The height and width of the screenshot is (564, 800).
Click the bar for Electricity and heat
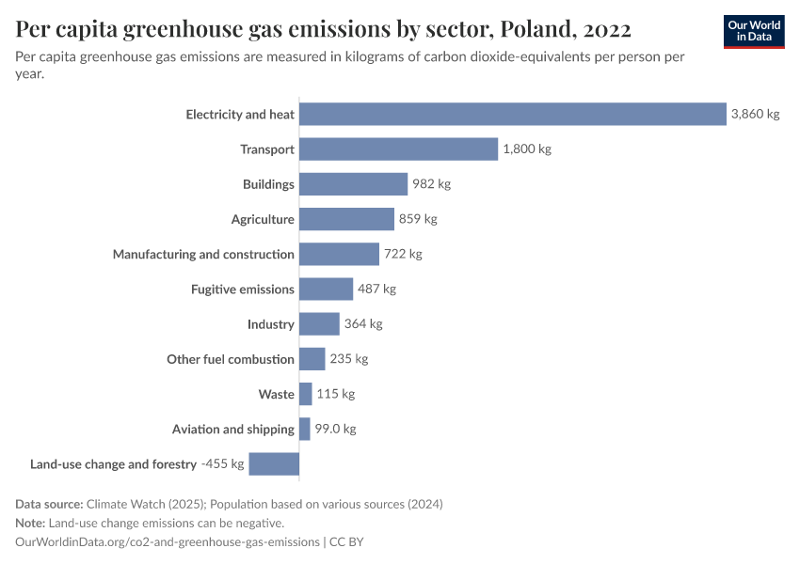pyautogui.click(x=513, y=114)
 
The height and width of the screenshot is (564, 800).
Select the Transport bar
pyautogui.click(x=398, y=149)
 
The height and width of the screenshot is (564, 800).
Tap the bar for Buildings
pyautogui.click(x=353, y=184)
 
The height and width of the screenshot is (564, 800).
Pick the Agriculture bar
pyautogui.click(x=346, y=219)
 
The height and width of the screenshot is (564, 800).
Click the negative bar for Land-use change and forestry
pyautogui.click(x=274, y=463)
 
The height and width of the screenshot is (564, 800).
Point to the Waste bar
pyautogui.click(x=306, y=394)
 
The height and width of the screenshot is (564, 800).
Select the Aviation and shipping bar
pyautogui.click(x=305, y=429)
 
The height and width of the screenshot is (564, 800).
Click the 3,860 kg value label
pyautogui.click(x=755, y=115)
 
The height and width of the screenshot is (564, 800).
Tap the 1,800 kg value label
pyautogui.click(x=526, y=149)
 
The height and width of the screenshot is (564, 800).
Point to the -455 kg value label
pyautogui.click(x=222, y=463)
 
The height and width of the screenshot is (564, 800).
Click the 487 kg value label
pyautogui.click(x=376, y=290)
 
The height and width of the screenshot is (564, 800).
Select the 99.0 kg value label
pyautogui.click(x=335, y=429)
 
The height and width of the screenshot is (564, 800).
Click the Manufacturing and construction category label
pyautogui.click(x=203, y=254)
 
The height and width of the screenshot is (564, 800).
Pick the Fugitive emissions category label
pyautogui.click(x=243, y=290)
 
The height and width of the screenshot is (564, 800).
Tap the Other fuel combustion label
pyautogui.click(x=231, y=359)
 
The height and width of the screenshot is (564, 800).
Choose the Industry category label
pyautogui.click(x=271, y=324)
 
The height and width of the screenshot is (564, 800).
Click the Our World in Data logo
pyautogui.click(x=753, y=32)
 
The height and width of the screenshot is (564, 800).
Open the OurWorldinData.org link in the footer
pyautogui.click(x=168, y=542)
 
